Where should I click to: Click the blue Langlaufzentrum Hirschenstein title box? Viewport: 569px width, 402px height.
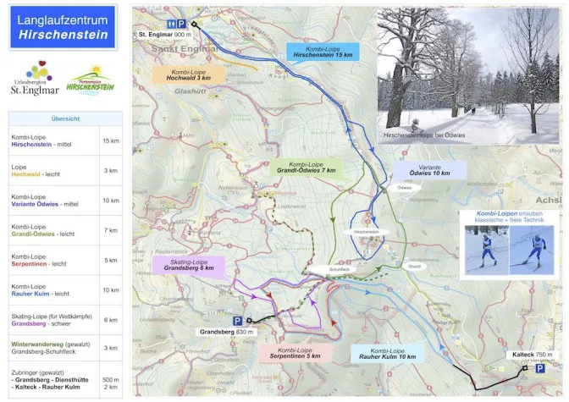coord(63,27)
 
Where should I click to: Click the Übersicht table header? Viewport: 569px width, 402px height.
coord(65,119)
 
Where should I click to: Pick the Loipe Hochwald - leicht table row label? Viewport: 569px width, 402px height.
coord(52,170)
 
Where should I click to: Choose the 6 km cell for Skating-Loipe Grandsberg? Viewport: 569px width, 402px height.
coord(110,319)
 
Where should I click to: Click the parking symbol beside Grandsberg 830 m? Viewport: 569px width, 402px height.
coord(238,321)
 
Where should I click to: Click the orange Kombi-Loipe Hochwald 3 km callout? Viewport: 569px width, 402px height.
coord(188,74)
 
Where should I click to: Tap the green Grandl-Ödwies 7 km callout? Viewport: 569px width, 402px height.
coord(307,167)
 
